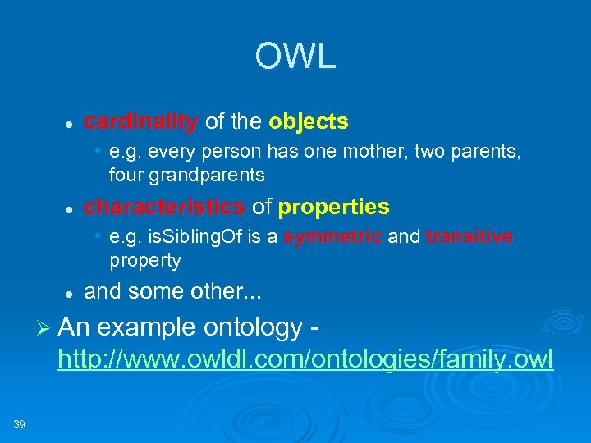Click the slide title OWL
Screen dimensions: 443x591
click(295, 57)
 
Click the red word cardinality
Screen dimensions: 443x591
click(141, 122)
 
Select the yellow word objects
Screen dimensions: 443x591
click(309, 122)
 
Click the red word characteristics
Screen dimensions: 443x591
click(164, 206)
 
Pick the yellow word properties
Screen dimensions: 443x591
click(334, 206)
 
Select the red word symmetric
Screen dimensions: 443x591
click(332, 237)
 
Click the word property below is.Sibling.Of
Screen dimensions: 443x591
click(144, 261)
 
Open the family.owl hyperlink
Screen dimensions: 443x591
click(305, 359)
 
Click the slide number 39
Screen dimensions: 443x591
click(19, 423)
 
